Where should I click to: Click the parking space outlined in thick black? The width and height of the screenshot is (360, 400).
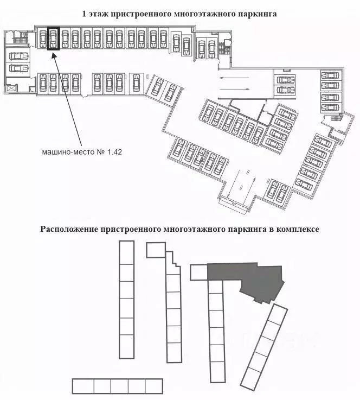point(53,39)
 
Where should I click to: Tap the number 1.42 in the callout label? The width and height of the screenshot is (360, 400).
point(114,152)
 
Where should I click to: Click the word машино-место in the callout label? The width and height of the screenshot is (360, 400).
point(68,153)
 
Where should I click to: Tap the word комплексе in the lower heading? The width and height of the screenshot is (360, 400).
point(298,229)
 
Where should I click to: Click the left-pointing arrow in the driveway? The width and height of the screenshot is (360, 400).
point(234,78)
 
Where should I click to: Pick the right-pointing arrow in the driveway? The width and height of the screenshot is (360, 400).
point(234,89)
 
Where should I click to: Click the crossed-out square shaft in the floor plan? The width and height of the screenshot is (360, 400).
point(12,88)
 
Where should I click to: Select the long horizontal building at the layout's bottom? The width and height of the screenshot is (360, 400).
point(118,386)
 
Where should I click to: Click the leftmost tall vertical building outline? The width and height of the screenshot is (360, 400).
point(127,300)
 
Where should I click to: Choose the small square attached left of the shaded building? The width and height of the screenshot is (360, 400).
point(199,272)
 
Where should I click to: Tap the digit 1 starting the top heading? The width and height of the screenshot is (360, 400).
point(84,14)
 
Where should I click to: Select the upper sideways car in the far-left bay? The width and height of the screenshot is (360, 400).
point(18,56)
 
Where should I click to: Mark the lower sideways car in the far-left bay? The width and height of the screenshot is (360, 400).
point(18,68)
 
